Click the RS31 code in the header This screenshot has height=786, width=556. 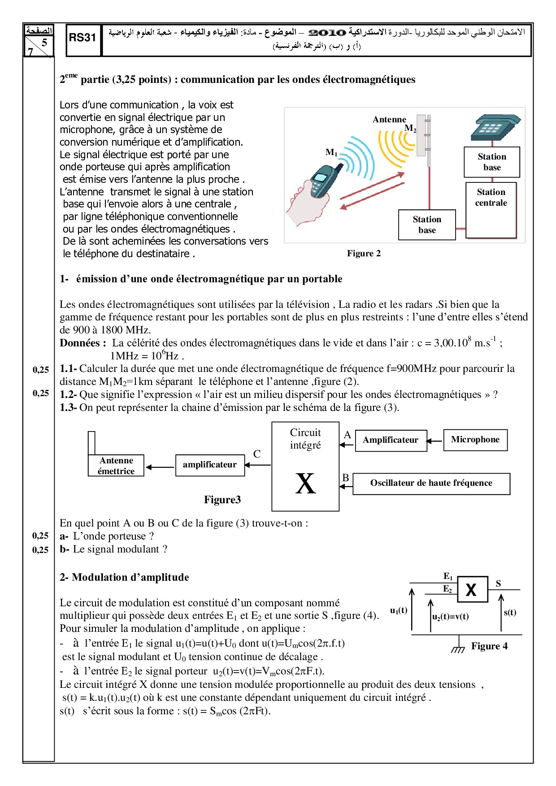(x=83, y=38)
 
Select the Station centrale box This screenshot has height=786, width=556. (x=491, y=209)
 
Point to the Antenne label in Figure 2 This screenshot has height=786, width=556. (x=389, y=120)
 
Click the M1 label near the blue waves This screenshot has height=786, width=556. (x=331, y=152)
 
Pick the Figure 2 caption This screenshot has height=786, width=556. (x=364, y=254)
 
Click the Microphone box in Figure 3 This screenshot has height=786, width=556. (x=475, y=440)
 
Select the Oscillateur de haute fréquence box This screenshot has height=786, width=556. (x=431, y=484)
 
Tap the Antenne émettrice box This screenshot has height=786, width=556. (x=116, y=466)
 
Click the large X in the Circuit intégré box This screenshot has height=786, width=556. (x=305, y=484)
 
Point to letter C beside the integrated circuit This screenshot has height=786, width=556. (x=257, y=454)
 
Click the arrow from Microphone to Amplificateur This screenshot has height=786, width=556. (x=434, y=441)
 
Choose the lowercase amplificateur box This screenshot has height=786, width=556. (x=210, y=465)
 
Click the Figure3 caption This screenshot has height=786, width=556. (x=222, y=500)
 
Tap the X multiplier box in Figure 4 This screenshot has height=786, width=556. (x=472, y=590)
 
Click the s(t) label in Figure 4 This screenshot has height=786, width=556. (x=510, y=613)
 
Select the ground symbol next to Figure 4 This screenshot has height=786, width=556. (x=458, y=648)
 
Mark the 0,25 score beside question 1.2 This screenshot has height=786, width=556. (x=41, y=393)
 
